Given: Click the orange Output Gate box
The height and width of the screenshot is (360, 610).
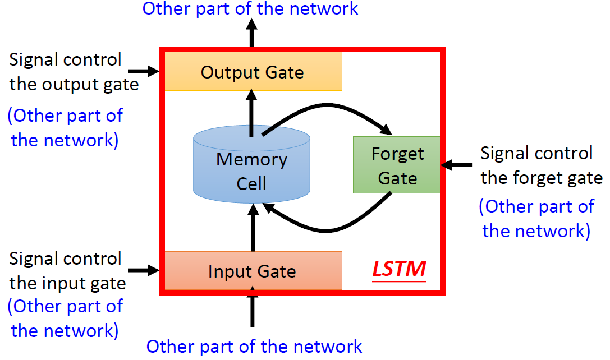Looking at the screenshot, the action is pos(253,72).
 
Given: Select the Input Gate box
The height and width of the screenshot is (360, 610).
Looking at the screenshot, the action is pos(253,271).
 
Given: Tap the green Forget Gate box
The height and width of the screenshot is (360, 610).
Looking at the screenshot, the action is pos(396,165).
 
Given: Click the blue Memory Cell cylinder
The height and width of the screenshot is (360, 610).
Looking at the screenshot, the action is pos(252,164).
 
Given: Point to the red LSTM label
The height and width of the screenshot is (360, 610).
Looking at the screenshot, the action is pos(399,269).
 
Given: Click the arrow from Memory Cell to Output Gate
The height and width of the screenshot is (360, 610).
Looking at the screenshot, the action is pos(252,113).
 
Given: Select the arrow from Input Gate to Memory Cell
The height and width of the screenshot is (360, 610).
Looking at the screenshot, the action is pos(253,228).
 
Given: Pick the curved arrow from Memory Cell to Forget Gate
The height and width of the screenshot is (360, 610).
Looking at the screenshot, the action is pos(327,105).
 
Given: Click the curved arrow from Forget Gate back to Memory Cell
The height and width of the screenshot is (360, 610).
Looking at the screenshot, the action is pos(327,230).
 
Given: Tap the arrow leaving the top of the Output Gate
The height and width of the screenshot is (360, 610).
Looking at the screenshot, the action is pos(252,33).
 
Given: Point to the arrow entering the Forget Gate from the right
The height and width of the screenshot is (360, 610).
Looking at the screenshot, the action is pos(456,165).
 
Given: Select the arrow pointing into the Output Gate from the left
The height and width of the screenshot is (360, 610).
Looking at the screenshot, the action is pos(144,71).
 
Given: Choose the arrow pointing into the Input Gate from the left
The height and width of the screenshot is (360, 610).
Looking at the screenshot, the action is pos(144,270).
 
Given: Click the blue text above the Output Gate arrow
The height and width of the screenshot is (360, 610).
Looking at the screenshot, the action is pos(250,8).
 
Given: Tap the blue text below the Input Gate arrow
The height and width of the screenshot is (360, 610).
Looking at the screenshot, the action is pos(254,347).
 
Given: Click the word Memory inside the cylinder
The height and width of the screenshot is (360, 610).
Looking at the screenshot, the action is pos(252,160).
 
